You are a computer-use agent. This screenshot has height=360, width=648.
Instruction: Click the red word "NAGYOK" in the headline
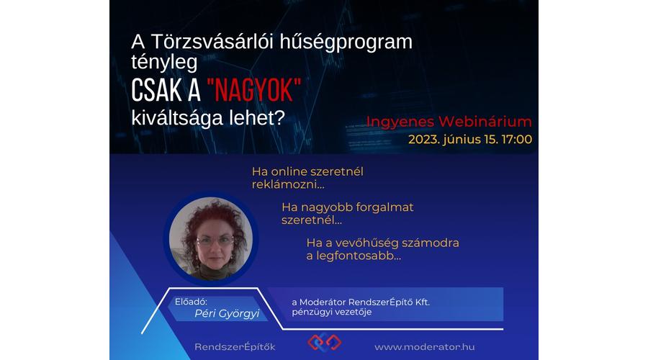[x=254, y=90]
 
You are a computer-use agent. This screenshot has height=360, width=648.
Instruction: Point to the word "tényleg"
[x=164, y=62]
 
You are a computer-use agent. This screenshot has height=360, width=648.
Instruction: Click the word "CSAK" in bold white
[x=157, y=90]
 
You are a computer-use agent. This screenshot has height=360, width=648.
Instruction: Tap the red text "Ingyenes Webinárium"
[x=449, y=122]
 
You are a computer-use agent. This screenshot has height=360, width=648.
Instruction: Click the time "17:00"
[x=516, y=139]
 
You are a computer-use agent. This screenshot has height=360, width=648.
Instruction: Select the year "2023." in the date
[x=423, y=139]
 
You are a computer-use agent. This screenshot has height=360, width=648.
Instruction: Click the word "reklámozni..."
[x=288, y=185]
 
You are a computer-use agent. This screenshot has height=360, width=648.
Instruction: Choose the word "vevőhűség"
[x=366, y=243]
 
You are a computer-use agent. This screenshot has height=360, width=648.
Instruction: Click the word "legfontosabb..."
[x=359, y=256]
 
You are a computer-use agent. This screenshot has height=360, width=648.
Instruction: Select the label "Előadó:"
[x=191, y=302]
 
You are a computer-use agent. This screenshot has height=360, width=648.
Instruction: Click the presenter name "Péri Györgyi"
[x=227, y=313]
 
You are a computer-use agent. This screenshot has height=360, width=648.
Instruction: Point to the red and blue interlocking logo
[x=325, y=342]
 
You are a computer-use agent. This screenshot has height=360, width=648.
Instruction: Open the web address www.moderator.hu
[x=424, y=347]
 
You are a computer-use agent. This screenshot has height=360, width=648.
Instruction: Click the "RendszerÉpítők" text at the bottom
[x=235, y=347]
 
